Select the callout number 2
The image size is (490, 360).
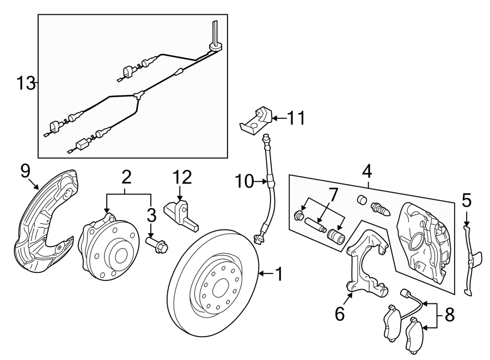126,176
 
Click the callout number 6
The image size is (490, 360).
340,314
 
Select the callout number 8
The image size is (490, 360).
449,314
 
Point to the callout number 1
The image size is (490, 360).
279,274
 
